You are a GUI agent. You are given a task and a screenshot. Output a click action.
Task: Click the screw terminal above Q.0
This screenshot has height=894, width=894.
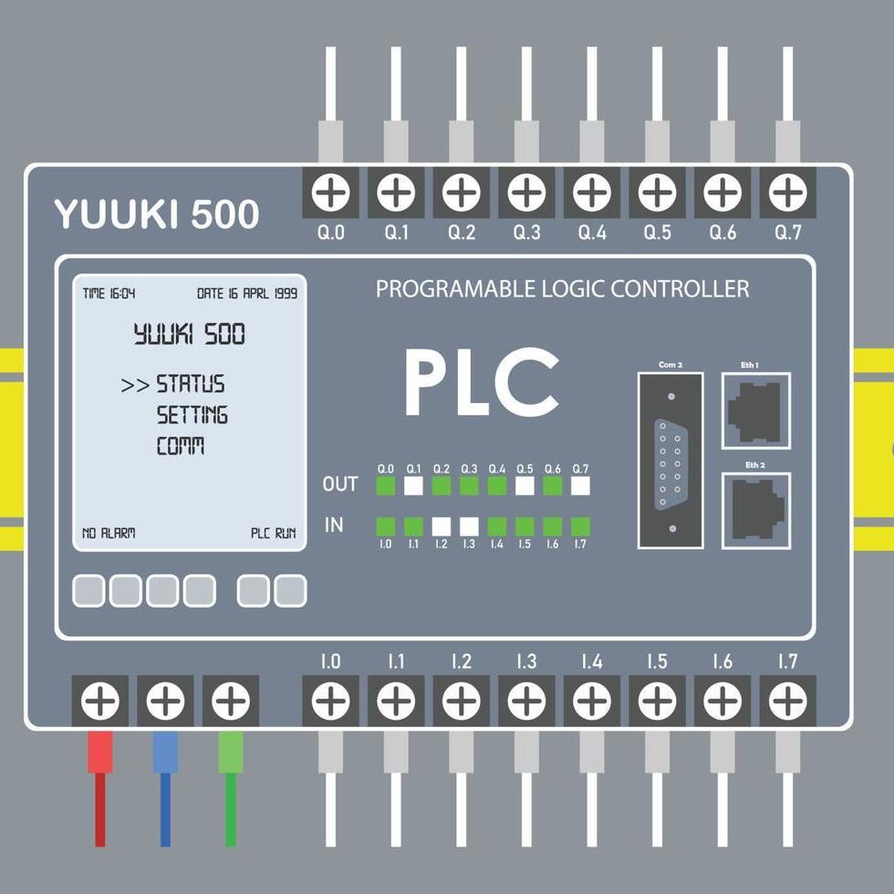pos(330,192)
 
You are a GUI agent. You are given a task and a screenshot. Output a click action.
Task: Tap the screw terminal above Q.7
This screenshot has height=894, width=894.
pos(787,192)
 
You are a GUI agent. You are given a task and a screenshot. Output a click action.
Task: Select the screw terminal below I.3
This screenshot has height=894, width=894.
pos(526,702)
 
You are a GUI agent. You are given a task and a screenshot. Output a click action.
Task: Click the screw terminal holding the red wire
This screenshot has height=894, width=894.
pos(100,702)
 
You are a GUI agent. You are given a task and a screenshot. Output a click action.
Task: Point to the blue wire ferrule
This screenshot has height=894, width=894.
pos(165,753)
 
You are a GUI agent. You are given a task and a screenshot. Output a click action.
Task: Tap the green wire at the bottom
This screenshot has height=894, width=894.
pos(230,812)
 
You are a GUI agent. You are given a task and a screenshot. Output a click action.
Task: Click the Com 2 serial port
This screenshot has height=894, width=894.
pos(670,461)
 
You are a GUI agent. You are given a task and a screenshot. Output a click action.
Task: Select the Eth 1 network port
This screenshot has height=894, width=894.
pos(755,411)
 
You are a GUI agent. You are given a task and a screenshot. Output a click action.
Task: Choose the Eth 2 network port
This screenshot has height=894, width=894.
pos(755,510)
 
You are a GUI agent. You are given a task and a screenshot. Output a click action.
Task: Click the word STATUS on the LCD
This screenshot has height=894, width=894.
pos(191,384)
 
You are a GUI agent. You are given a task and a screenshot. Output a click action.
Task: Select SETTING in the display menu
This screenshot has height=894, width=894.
pos(192,416)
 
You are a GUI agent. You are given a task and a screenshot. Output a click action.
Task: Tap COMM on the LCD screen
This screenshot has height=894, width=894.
pos(181,447)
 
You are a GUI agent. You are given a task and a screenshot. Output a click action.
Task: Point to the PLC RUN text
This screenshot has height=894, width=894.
pos(274,533)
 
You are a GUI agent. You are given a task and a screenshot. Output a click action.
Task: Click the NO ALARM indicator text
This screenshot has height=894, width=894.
pos(109,533)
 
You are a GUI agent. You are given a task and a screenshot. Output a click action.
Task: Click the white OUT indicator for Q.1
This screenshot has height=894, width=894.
pos(413,485)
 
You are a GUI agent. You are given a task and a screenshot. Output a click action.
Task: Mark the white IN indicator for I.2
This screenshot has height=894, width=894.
pos(442,526)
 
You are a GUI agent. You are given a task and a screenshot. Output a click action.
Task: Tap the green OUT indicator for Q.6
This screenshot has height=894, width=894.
pos(553,485)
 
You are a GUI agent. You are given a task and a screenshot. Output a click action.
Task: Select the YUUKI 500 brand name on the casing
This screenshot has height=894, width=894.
pos(156,214)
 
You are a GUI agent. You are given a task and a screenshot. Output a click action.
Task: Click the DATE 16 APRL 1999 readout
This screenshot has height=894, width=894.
pos(247,294)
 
